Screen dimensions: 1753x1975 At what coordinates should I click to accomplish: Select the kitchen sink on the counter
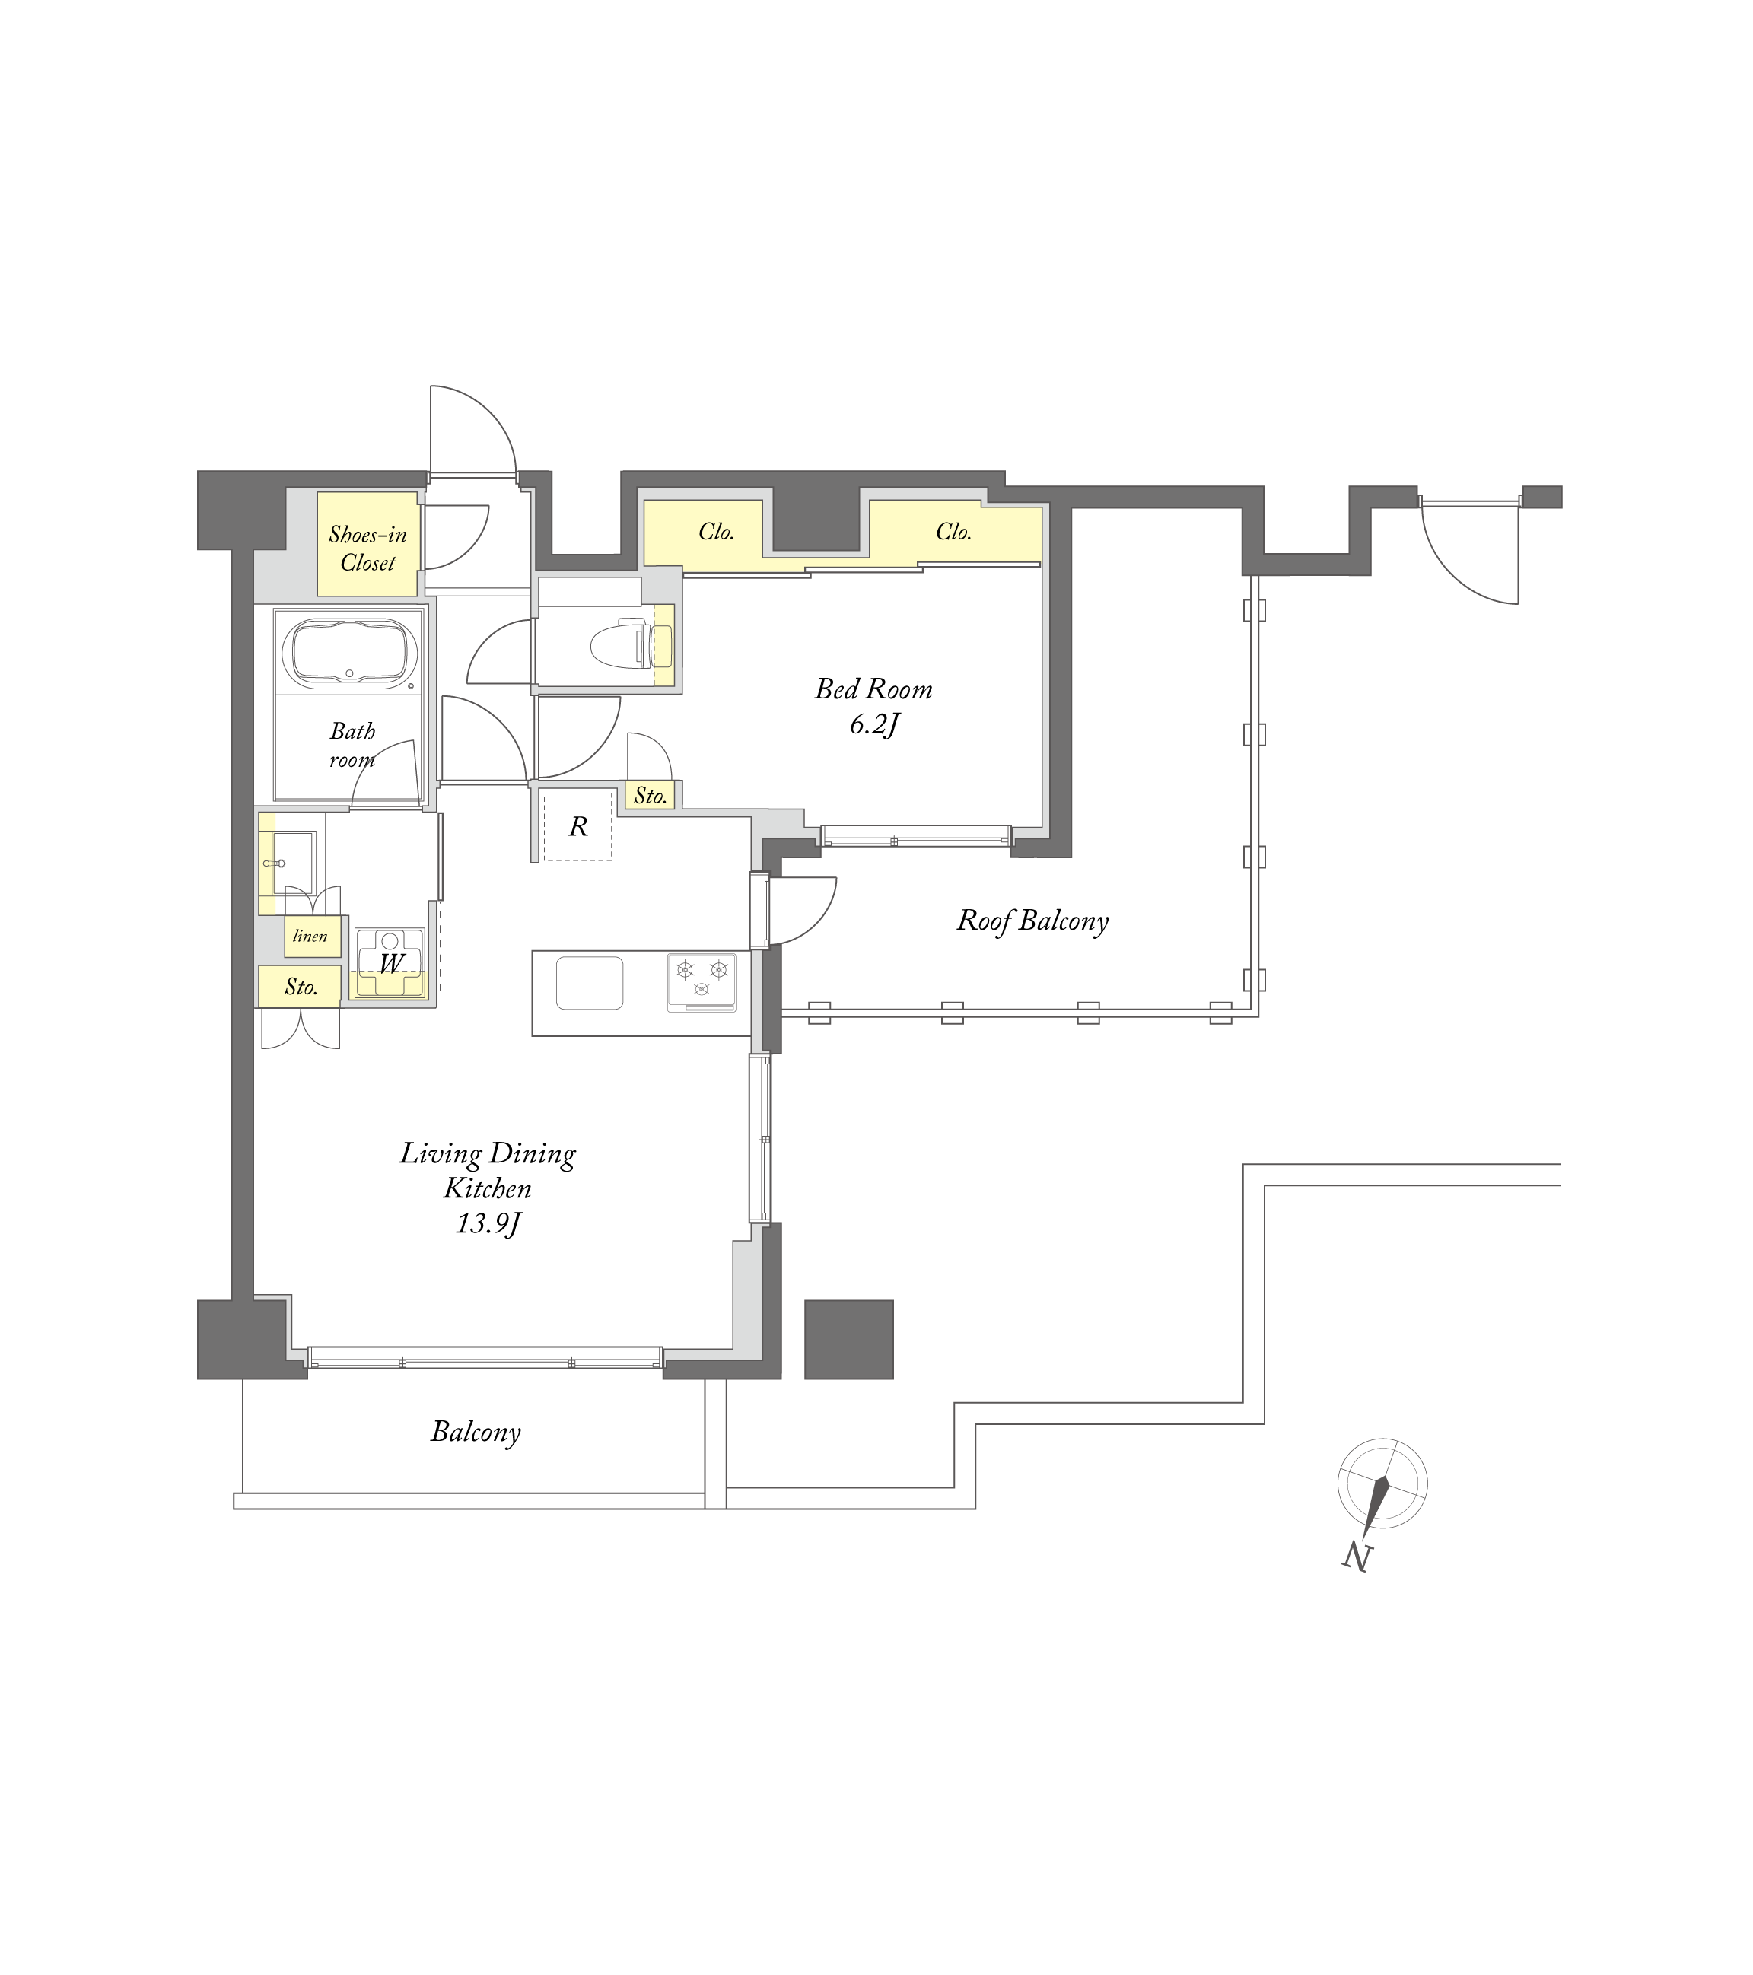pyautogui.click(x=589, y=983)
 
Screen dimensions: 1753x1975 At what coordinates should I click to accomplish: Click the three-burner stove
pyautogui.click(x=702, y=981)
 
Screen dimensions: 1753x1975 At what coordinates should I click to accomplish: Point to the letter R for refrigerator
pyautogui.click(x=578, y=826)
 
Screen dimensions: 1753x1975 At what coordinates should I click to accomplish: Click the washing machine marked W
pyautogui.click(x=390, y=963)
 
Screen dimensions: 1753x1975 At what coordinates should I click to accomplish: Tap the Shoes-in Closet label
pyautogui.click(x=368, y=548)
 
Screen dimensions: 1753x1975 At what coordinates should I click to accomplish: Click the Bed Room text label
pyautogui.click(x=873, y=689)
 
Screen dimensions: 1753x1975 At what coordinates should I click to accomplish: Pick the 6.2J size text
pyautogui.click(x=874, y=724)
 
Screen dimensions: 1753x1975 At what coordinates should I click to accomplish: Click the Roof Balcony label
pyautogui.click(x=1032, y=920)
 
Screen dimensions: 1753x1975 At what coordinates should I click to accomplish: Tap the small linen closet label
pyautogui.click(x=310, y=935)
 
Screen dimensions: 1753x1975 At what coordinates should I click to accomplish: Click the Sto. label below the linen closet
pyautogui.click(x=301, y=987)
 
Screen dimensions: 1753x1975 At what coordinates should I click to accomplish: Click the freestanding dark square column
pyautogui.click(x=849, y=1339)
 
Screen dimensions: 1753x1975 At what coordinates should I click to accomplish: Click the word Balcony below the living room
pyautogui.click(x=476, y=1432)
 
